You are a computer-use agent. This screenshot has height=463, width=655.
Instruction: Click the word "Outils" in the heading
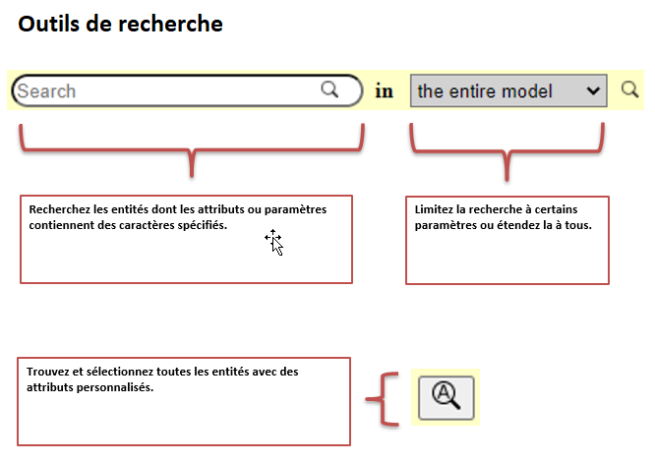(x=48, y=24)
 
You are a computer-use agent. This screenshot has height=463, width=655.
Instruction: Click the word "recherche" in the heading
(x=170, y=24)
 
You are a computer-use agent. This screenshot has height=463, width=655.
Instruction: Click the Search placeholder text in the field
(x=46, y=91)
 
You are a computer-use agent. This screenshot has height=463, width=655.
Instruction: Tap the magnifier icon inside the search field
(x=329, y=89)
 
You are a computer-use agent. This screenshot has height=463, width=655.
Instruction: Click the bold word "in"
(x=384, y=91)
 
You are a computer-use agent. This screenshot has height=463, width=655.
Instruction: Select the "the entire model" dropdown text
(x=485, y=91)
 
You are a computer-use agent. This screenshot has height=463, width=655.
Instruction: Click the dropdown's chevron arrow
(x=593, y=90)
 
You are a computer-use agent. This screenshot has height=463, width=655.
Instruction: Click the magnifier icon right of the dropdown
(x=629, y=89)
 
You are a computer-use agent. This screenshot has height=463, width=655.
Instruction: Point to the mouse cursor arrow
(x=274, y=242)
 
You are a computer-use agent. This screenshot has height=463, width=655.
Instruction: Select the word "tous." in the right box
(x=578, y=225)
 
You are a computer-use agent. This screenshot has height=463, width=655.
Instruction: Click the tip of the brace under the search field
(x=192, y=176)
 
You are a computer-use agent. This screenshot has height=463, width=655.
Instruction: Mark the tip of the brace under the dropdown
(x=506, y=180)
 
